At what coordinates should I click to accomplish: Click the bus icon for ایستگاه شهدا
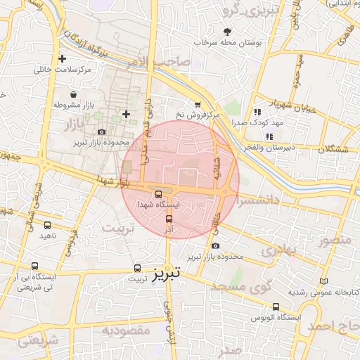(157, 193)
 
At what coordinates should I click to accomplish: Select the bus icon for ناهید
(47, 225)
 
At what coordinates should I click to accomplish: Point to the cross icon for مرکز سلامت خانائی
(63, 59)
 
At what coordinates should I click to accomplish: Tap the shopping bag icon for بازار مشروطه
(74, 94)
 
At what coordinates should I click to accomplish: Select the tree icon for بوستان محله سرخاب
(226, 32)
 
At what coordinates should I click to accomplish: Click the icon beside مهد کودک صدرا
(257, 111)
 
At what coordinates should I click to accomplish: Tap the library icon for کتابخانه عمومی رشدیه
(323, 281)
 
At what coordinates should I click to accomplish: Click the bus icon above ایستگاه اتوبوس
(276, 307)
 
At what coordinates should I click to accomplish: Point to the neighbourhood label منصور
(334, 241)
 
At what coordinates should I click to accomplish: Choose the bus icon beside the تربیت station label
(138, 268)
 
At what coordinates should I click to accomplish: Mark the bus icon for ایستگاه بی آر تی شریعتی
(35, 266)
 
